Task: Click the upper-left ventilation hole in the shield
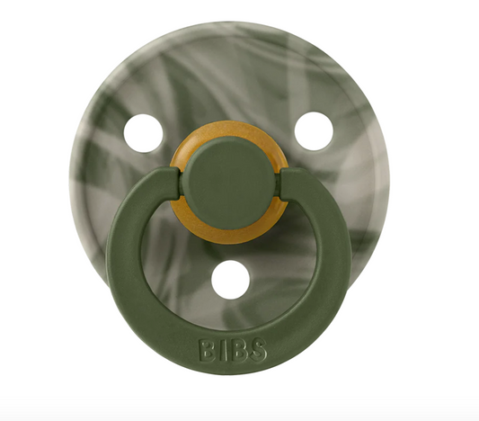[x=144, y=132]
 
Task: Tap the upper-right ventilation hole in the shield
[x=314, y=131]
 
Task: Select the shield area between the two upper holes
[x=229, y=90]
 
